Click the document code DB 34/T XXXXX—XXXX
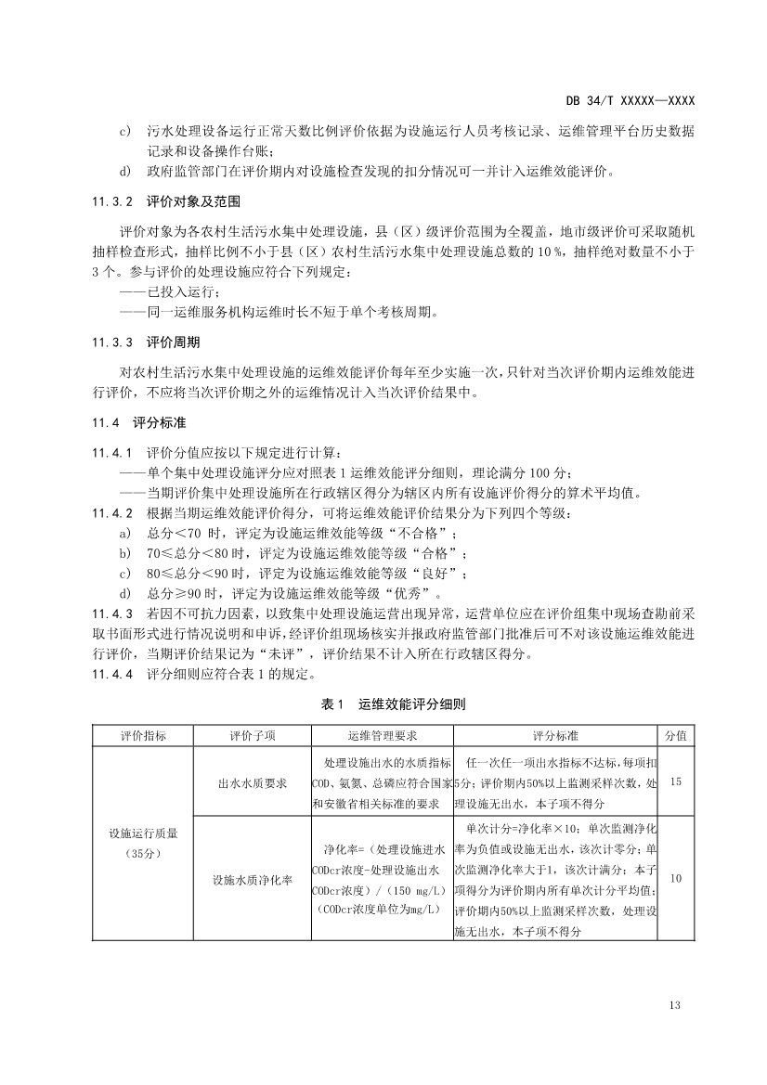pyautogui.click(x=630, y=100)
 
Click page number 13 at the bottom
pyautogui.click(x=675, y=1005)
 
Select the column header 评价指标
pyautogui.click(x=144, y=736)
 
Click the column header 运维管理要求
pyautogui.click(x=383, y=736)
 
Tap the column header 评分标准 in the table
pyautogui.click(x=556, y=736)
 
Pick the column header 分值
pyautogui.click(x=675, y=736)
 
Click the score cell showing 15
pyautogui.click(x=675, y=782)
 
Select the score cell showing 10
pyautogui.click(x=675, y=877)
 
